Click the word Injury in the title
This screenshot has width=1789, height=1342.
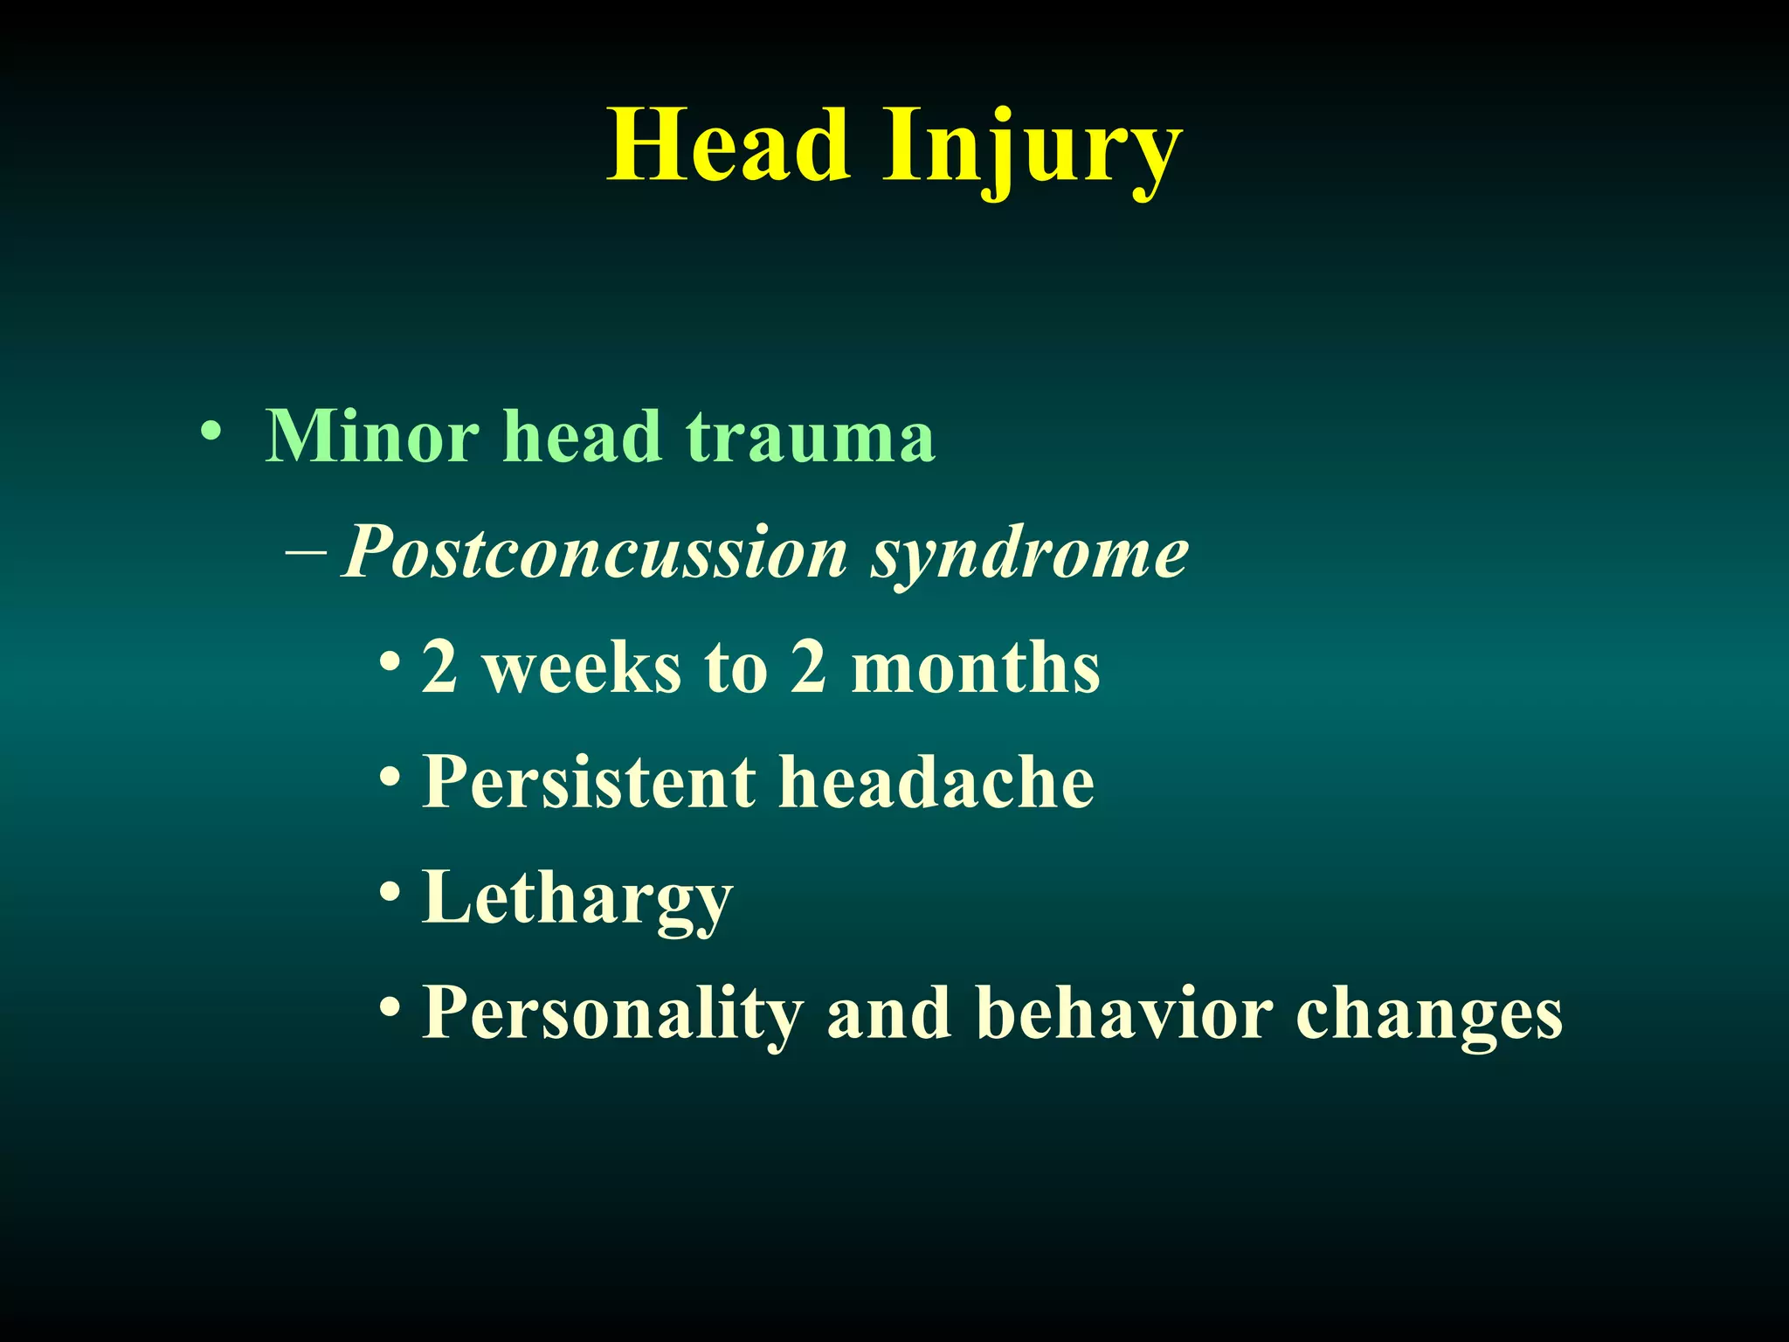click(x=1032, y=149)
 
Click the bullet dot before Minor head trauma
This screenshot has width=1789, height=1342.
click(x=210, y=432)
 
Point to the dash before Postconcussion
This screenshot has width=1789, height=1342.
click(x=306, y=552)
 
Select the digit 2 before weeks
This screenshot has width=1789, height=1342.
click(x=439, y=667)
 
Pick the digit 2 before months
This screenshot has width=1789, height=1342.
click(x=809, y=667)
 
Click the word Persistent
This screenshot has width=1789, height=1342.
click(x=588, y=781)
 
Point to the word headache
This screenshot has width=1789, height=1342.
click(x=936, y=781)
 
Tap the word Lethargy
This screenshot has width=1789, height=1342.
click(x=577, y=900)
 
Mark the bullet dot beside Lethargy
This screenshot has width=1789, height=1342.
click(x=390, y=893)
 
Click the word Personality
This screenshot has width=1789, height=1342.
click(x=611, y=1013)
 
